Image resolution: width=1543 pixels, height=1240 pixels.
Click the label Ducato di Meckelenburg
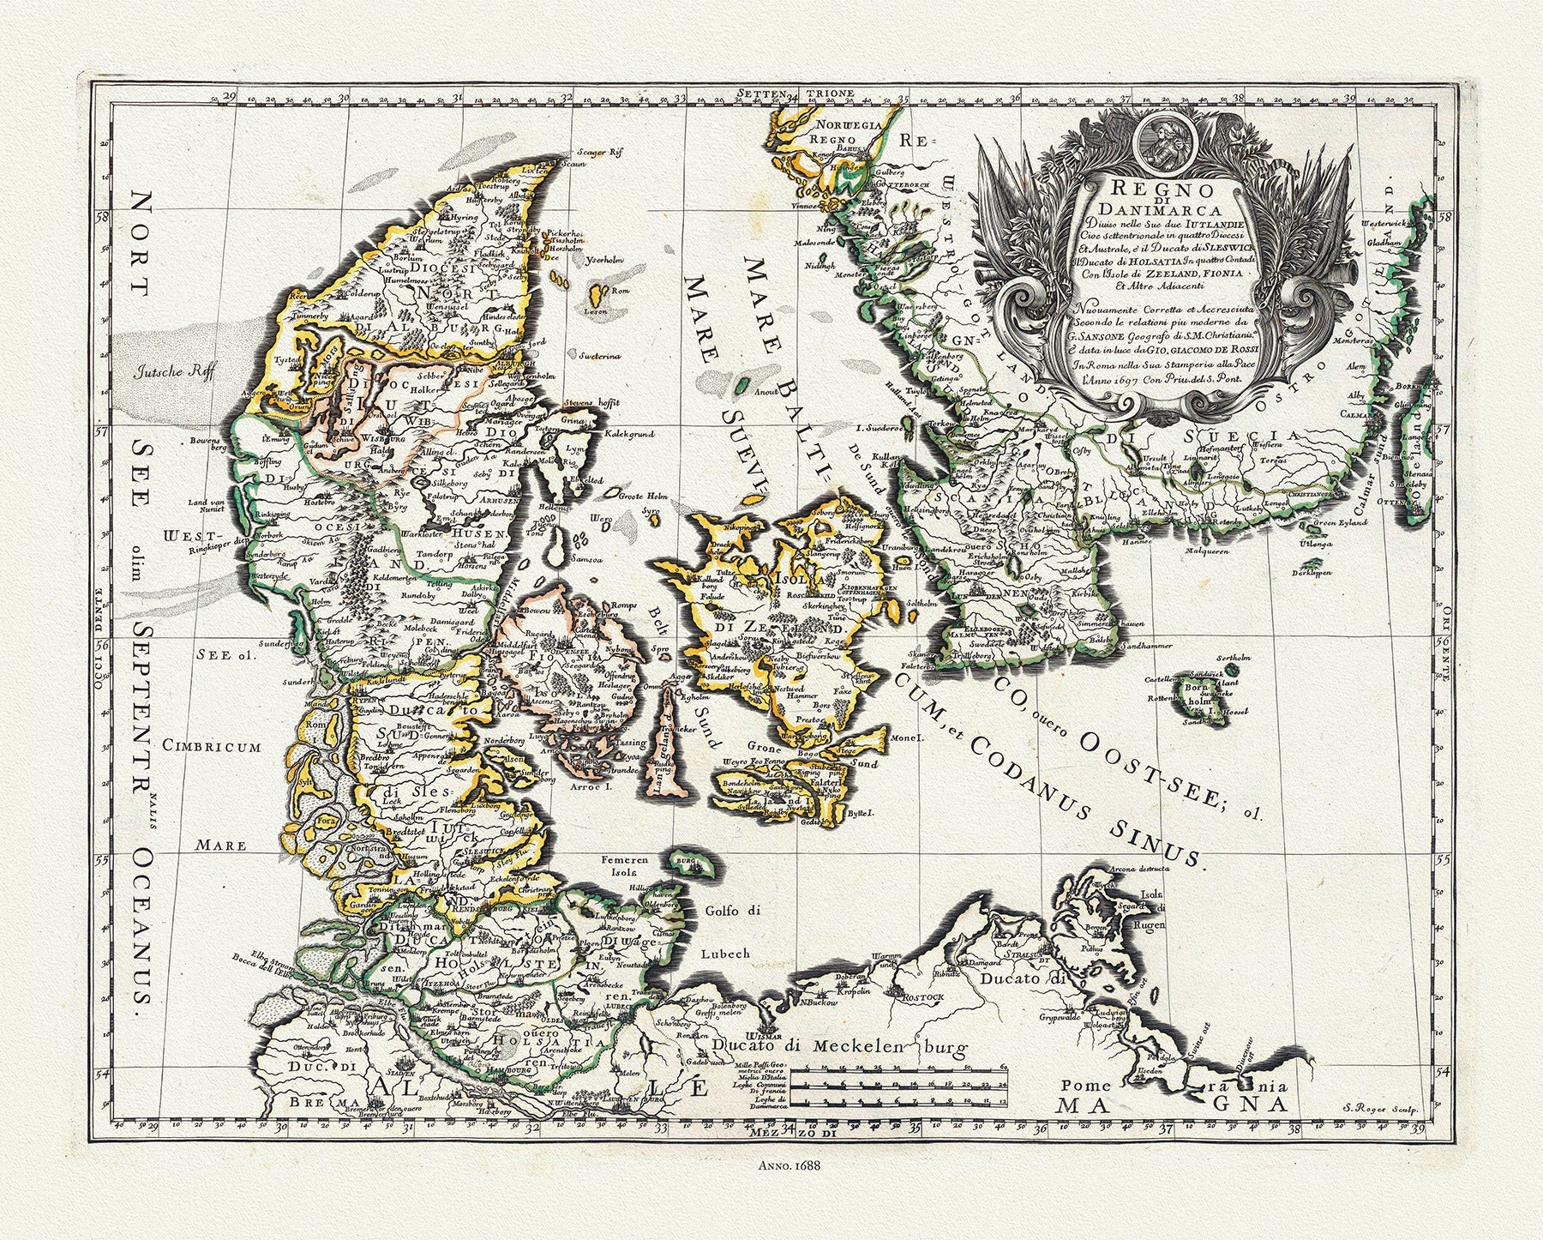click(x=840, y=1047)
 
